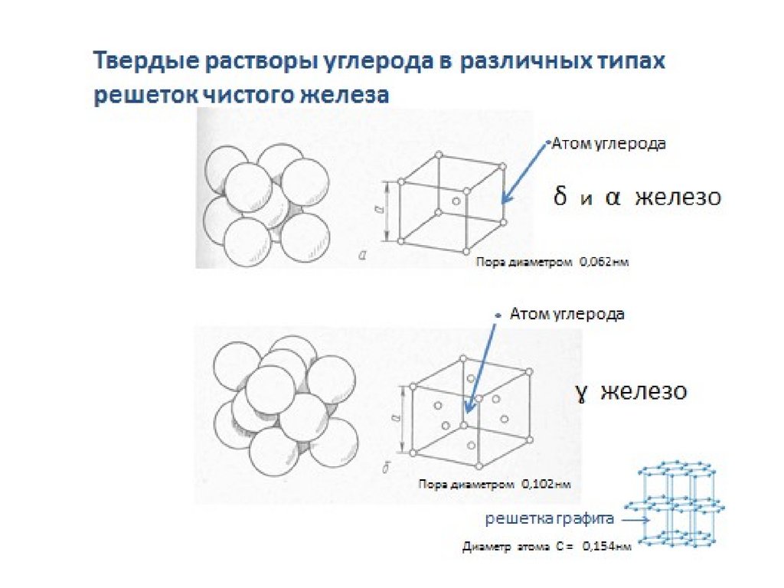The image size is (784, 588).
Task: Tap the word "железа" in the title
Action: [350, 96]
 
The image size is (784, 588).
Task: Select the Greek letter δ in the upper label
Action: [560, 197]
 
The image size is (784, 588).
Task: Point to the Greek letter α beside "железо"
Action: [612, 198]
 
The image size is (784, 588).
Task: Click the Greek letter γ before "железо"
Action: [582, 393]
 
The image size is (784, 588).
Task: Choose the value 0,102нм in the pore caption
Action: [546, 485]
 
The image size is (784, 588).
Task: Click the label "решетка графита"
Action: [550, 519]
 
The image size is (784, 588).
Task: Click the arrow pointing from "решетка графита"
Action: [634, 520]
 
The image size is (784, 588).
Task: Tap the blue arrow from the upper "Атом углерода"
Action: [525, 173]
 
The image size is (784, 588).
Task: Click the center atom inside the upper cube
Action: [456, 201]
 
